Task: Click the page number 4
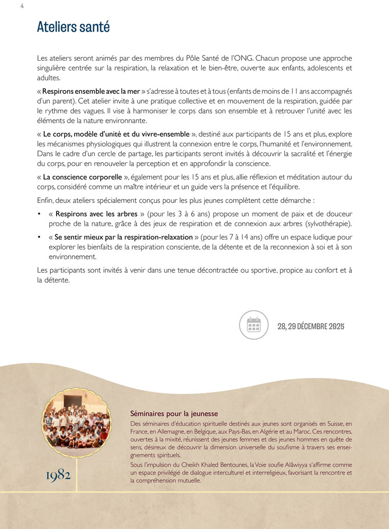coord(22,6)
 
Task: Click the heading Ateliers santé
coord(73,27)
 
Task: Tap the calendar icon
coord(253,325)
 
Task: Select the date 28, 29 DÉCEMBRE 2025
coord(311,326)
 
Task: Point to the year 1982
coord(58,475)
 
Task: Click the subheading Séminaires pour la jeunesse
coord(174,414)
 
